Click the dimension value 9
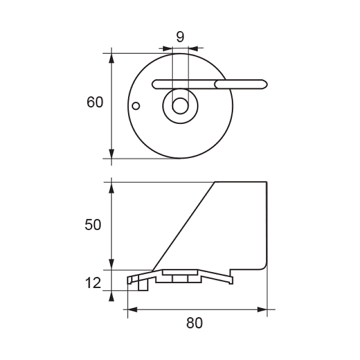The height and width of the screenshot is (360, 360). tap(180, 37)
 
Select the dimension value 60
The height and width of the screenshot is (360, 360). tap(95, 102)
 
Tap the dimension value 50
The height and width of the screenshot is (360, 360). tap(93, 225)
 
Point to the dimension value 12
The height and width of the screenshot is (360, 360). tap(93, 283)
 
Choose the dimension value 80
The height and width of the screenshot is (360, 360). tap(194, 323)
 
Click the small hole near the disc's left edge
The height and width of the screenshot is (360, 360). tap(136, 106)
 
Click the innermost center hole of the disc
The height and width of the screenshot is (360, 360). tap(180, 106)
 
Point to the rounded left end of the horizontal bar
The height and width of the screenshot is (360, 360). tap(152, 84)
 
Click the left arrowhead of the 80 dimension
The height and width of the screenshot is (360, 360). tap(132, 310)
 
